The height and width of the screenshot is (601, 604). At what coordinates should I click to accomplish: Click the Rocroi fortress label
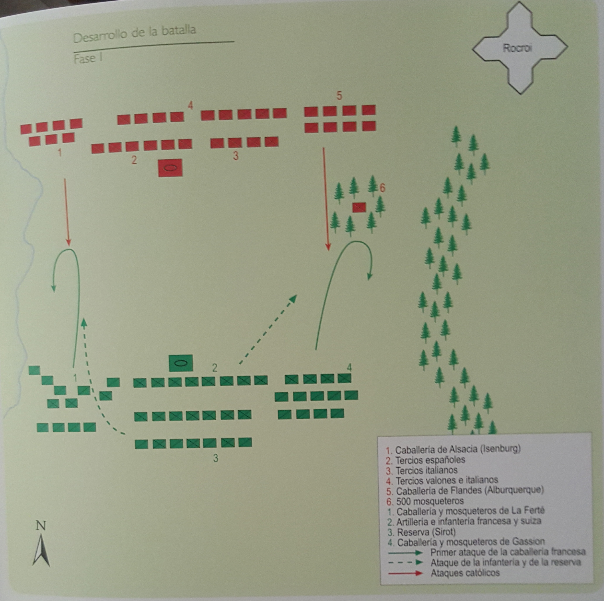[517, 48]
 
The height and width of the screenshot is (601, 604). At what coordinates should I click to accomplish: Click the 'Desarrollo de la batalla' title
[135, 34]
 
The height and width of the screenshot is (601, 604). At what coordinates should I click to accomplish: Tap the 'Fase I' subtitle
[88, 59]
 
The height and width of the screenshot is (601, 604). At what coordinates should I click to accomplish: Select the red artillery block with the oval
[170, 168]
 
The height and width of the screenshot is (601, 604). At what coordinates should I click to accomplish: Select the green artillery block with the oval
[181, 363]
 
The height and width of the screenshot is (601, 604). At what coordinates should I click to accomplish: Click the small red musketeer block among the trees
[359, 207]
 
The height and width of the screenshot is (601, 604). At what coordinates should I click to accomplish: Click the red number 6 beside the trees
[382, 188]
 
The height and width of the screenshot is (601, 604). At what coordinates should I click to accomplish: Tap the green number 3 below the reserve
[215, 458]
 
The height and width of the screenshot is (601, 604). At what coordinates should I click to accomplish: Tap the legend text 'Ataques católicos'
[465, 573]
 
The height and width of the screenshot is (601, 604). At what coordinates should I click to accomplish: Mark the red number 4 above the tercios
[190, 105]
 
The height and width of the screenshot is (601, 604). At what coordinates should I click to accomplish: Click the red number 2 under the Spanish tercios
[134, 160]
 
